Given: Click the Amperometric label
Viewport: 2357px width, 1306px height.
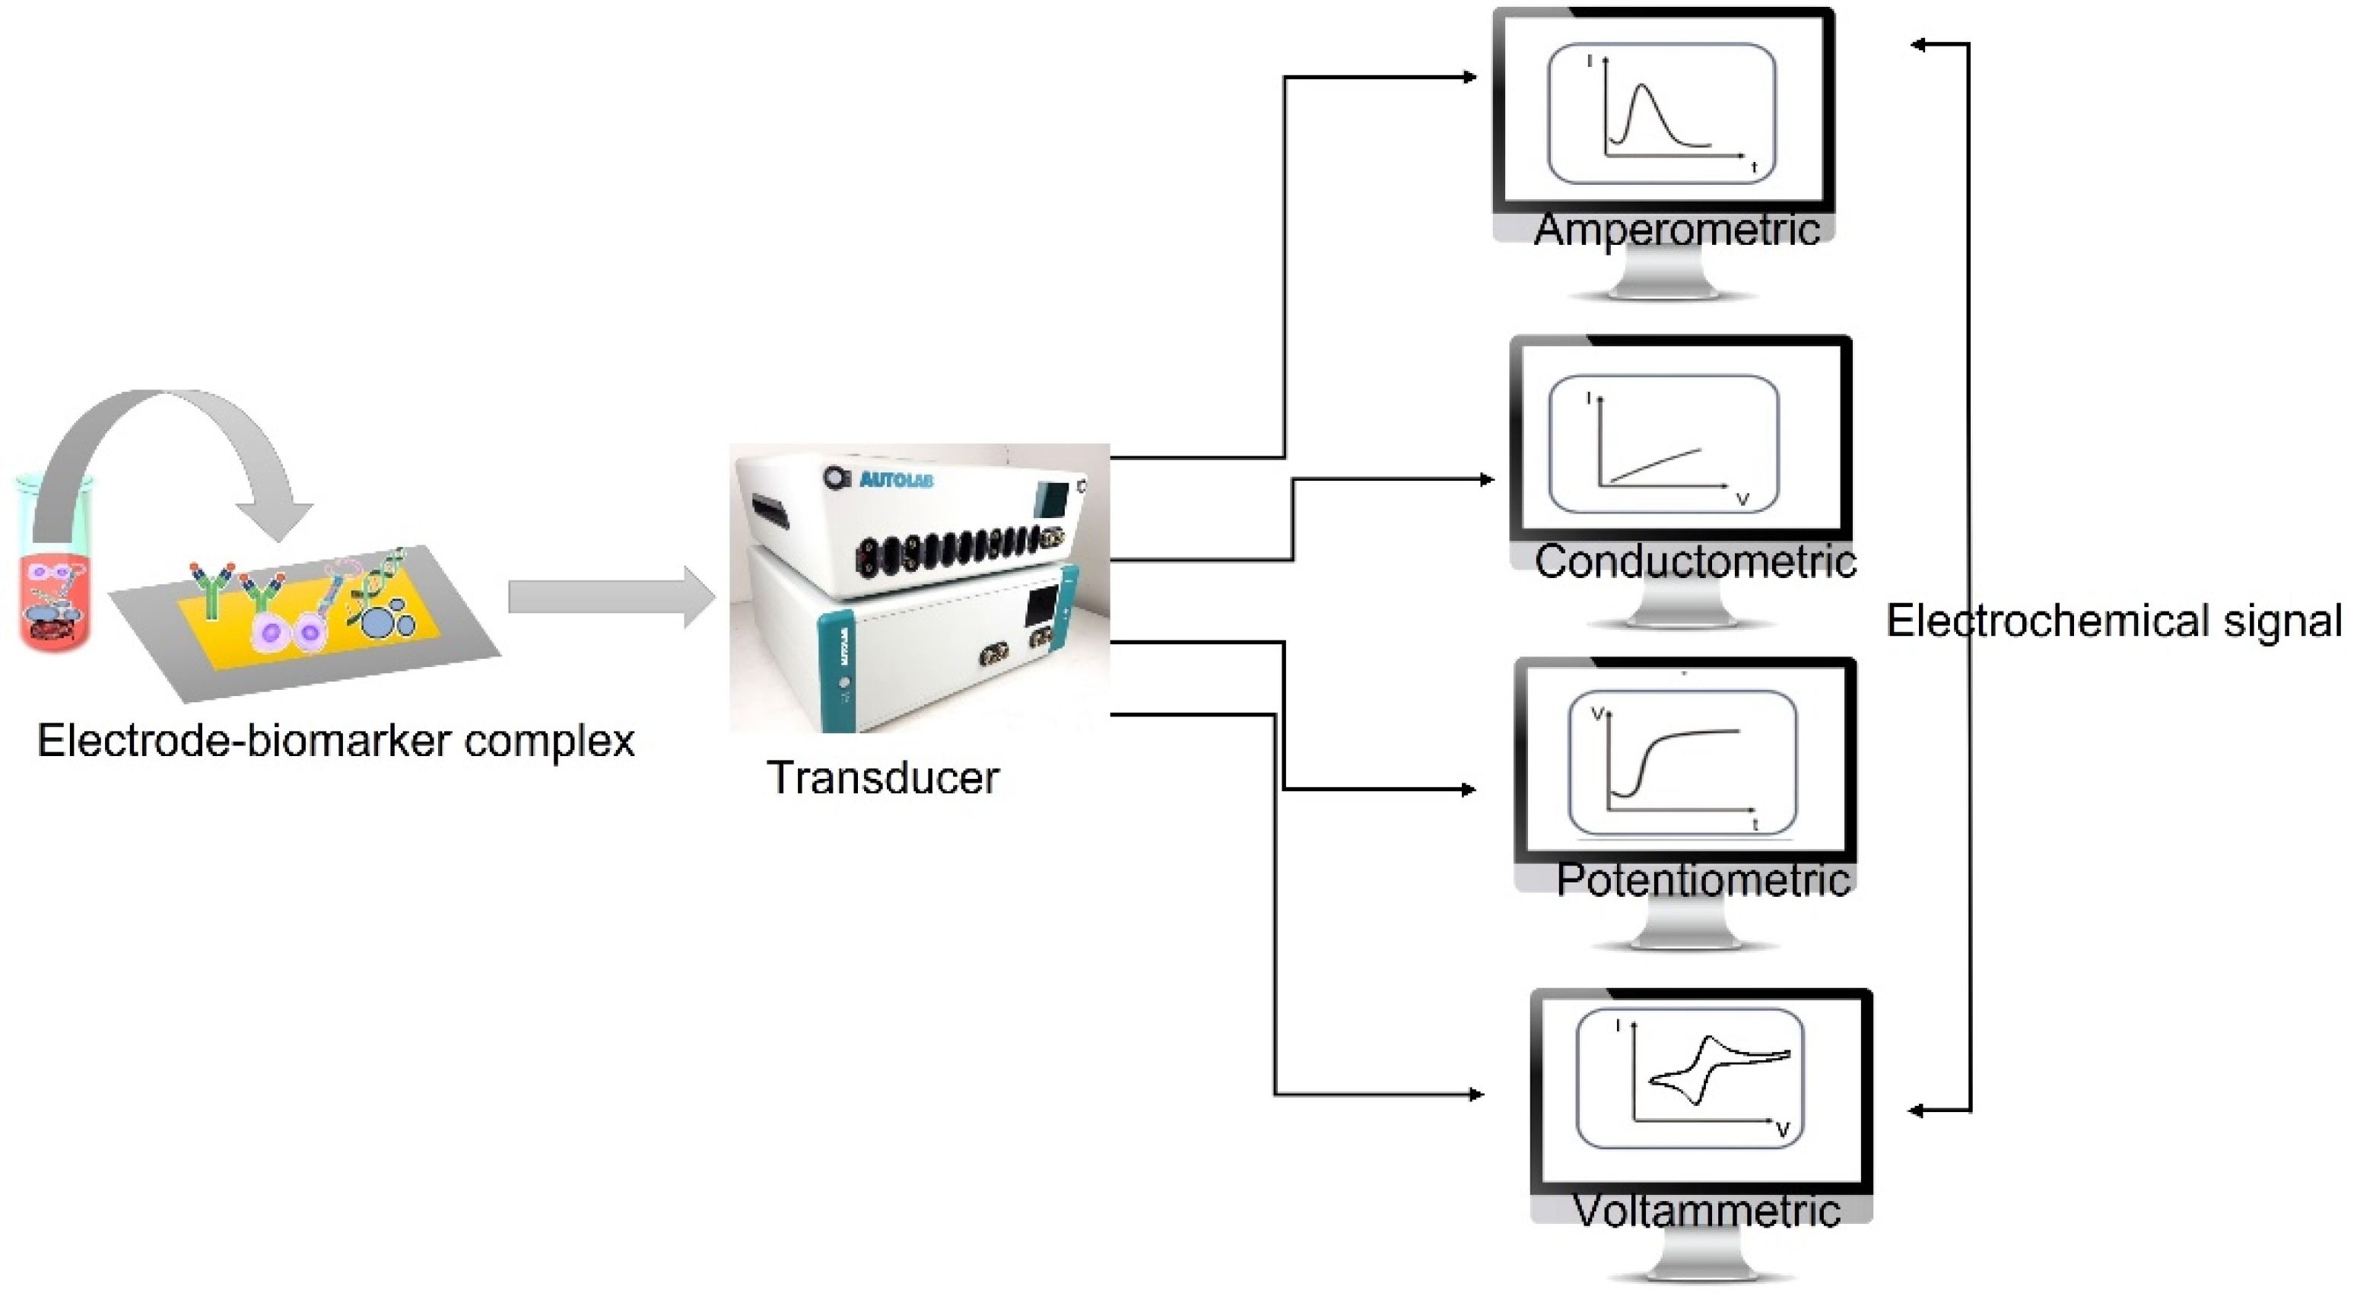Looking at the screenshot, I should point(1676,229).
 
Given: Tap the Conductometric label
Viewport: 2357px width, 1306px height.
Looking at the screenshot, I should point(1695,561).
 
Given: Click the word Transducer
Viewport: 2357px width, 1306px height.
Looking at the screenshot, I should point(883,778).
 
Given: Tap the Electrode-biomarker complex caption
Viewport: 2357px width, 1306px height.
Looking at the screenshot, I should point(336,740).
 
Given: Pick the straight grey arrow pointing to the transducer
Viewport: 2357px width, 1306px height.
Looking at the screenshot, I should point(608,598).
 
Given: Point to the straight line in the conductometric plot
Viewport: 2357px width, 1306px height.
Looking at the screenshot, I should point(1654,466).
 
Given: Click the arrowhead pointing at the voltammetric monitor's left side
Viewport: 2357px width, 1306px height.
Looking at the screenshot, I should point(1474,1095).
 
